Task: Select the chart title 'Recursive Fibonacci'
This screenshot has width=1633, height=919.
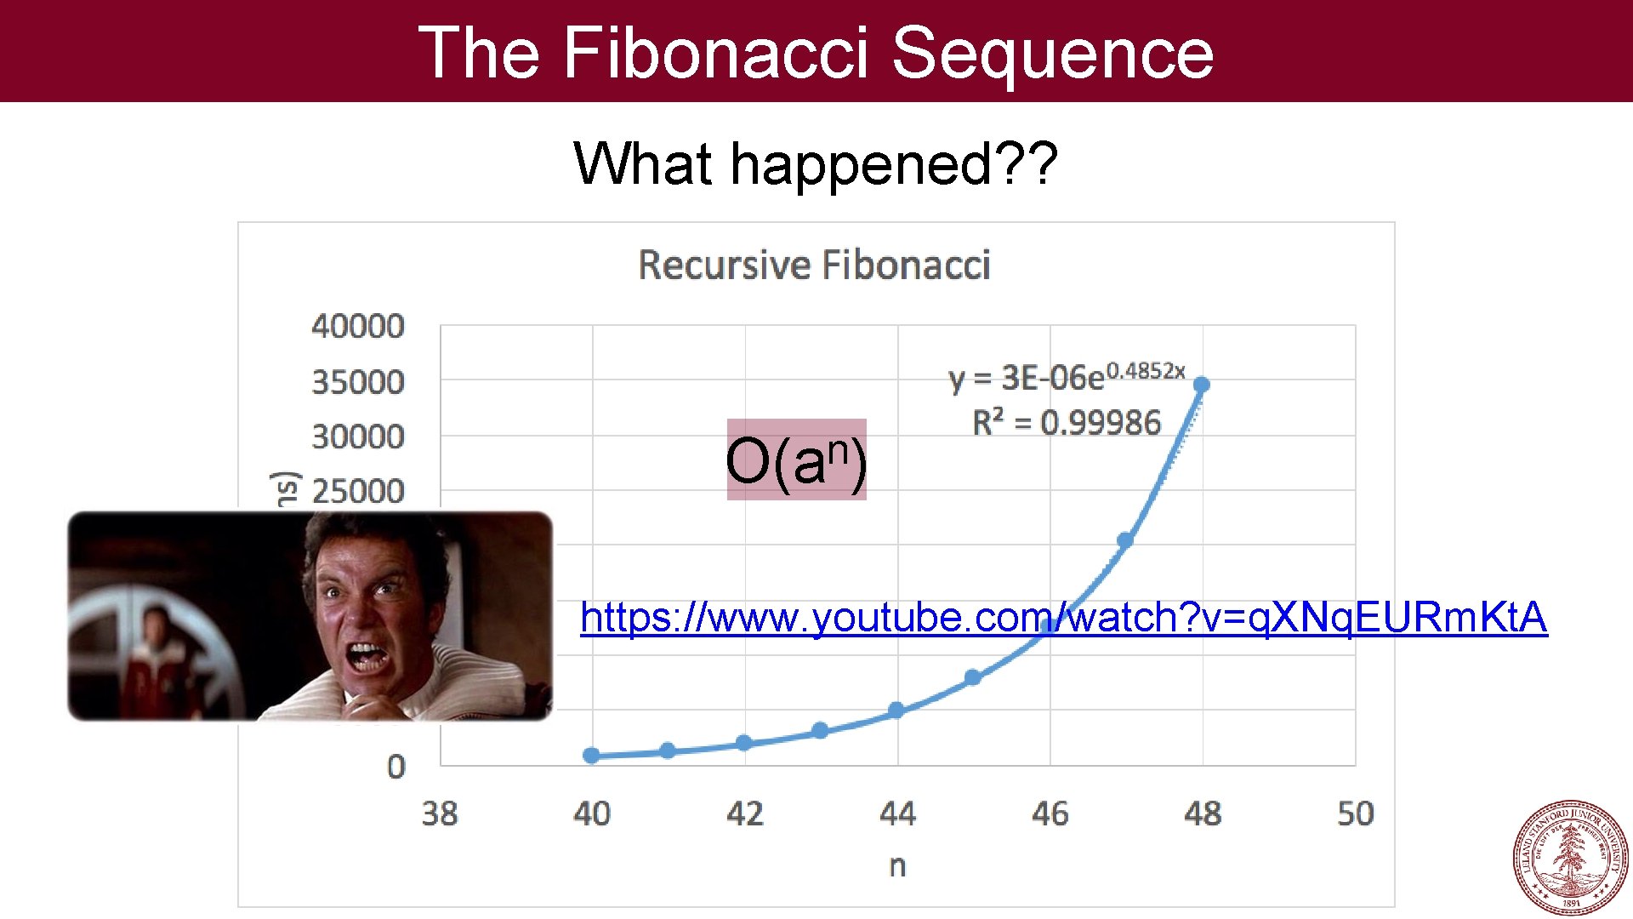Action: coord(814,265)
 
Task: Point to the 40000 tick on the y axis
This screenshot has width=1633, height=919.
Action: coord(358,326)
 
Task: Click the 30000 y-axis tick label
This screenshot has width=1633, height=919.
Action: coord(358,437)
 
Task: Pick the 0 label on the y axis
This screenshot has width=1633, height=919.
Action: coord(396,767)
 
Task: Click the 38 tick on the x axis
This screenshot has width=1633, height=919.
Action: coord(440,813)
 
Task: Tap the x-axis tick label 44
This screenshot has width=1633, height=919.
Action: coord(897,813)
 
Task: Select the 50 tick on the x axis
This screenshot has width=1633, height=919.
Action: coord(1355,813)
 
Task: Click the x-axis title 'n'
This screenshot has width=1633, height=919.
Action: coord(897,865)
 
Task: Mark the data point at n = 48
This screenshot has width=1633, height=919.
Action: coord(1202,385)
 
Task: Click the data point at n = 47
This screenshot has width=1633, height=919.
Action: coord(1125,540)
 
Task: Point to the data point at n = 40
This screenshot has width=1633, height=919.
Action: coord(592,755)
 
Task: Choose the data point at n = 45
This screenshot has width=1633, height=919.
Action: coord(973,677)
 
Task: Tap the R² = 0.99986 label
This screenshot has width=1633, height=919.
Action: coord(1067,422)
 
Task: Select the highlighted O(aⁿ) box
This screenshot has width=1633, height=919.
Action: coord(796,459)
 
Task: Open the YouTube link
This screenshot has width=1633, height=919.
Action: coord(1063,618)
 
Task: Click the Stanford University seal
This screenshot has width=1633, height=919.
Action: coord(1570,858)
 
